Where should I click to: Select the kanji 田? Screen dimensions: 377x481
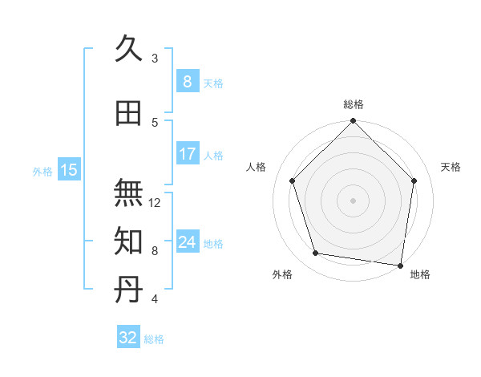pyautogui.click(x=129, y=112)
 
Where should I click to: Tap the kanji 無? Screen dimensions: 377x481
pyautogui.click(x=129, y=193)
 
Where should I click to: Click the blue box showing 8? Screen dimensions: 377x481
pyautogui.click(x=187, y=81)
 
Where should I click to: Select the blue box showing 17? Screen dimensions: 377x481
pyautogui.click(x=187, y=154)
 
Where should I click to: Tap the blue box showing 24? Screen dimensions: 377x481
pyautogui.click(x=187, y=242)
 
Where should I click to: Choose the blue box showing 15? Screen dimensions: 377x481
pyautogui.click(x=69, y=169)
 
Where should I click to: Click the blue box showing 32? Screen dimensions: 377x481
pyautogui.click(x=128, y=338)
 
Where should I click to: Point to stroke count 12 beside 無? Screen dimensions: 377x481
pyautogui.click(x=156, y=203)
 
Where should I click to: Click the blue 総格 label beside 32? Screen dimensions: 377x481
pyautogui.click(x=154, y=339)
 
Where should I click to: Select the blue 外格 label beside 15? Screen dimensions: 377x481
pyautogui.click(x=42, y=171)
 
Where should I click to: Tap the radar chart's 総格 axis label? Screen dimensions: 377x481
pyautogui.click(x=354, y=104)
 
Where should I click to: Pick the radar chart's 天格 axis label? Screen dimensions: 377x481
pyautogui.click(x=451, y=167)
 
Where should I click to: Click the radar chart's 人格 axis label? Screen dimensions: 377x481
pyautogui.click(x=257, y=167)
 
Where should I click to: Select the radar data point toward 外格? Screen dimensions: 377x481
pyautogui.click(x=316, y=253)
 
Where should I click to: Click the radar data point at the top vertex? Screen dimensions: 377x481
pyautogui.click(x=354, y=122)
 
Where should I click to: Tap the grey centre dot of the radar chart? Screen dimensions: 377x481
pyautogui.click(x=354, y=200)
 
